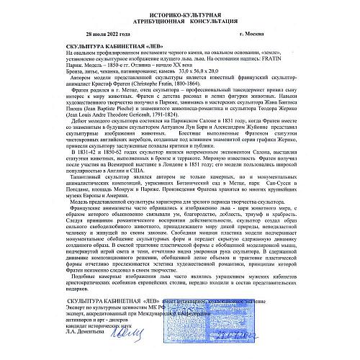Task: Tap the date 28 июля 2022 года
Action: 111,34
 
